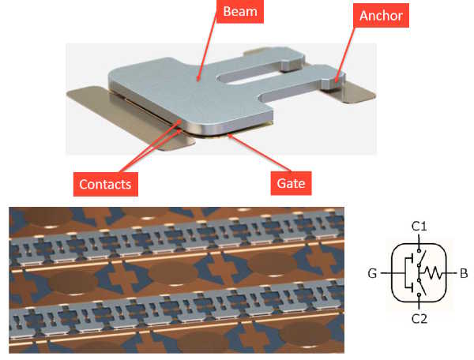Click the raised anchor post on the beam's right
336,78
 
